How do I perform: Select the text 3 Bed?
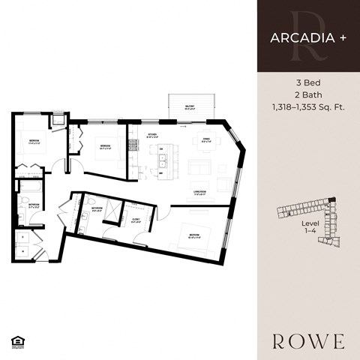[307, 84]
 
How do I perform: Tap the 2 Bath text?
[307, 95]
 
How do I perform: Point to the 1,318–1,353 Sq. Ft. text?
[307, 107]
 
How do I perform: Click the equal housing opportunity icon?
[16, 342]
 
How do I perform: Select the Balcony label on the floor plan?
[191, 108]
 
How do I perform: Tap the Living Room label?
[199, 192]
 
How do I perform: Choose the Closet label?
[136, 219]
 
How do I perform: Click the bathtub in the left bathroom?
[34, 186]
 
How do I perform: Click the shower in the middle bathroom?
[109, 211]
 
